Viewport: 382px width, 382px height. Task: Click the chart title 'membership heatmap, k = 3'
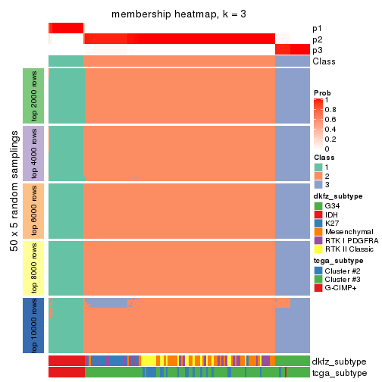click(x=179, y=14)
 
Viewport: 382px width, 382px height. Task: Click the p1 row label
click(x=317, y=28)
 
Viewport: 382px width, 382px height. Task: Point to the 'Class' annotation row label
click(x=324, y=61)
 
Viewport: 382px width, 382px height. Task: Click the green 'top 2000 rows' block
click(x=29, y=96)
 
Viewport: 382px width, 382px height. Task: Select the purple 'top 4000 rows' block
click(x=29, y=153)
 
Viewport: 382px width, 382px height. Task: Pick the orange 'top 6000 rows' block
click(x=29, y=211)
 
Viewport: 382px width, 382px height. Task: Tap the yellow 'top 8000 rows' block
click(x=29, y=268)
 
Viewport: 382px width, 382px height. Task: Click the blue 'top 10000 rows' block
click(x=29, y=325)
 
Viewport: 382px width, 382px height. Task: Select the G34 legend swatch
click(x=318, y=205)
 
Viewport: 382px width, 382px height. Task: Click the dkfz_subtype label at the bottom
click(x=340, y=362)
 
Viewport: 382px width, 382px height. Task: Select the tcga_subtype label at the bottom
click(x=340, y=373)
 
